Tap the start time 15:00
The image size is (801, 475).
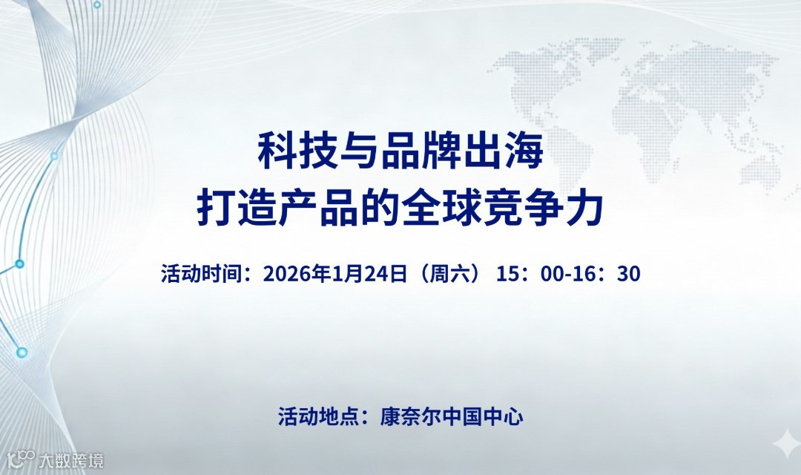532,274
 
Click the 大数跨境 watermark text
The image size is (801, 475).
71,459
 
